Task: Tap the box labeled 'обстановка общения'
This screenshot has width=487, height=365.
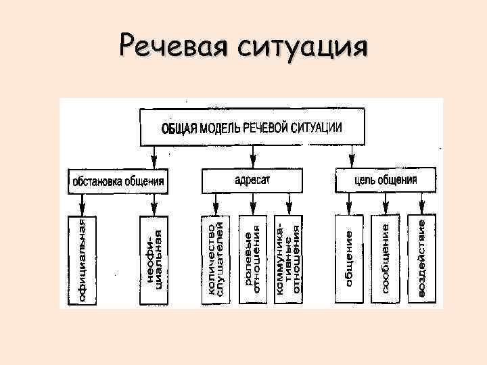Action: [x=118, y=181]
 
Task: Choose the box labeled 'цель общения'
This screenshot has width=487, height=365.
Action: [x=386, y=180]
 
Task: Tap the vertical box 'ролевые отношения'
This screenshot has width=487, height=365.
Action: [x=252, y=259]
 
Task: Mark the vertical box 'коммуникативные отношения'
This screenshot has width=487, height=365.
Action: [x=289, y=259]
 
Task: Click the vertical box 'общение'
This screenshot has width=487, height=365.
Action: [x=349, y=259]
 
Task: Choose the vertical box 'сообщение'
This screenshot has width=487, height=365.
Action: [x=386, y=259]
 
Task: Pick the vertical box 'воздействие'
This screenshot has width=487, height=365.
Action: [x=421, y=259]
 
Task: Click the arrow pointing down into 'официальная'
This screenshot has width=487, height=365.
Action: [x=82, y=204]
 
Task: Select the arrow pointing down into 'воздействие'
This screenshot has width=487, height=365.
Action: [x=421, y=204]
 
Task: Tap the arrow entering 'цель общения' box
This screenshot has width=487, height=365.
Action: [x=352, y=160]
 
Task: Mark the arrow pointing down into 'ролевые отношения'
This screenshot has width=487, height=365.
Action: [x=252, y=204]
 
